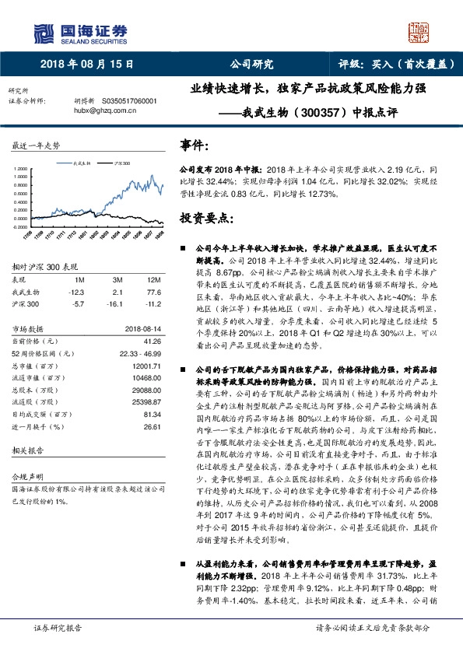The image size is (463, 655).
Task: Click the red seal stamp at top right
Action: click(x=420, y=31)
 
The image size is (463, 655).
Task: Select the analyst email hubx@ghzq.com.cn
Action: click(x=105, y=110)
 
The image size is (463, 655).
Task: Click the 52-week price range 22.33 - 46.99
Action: click(x=137, y=353)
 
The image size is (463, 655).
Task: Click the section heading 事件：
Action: click(x=195, y=145)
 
